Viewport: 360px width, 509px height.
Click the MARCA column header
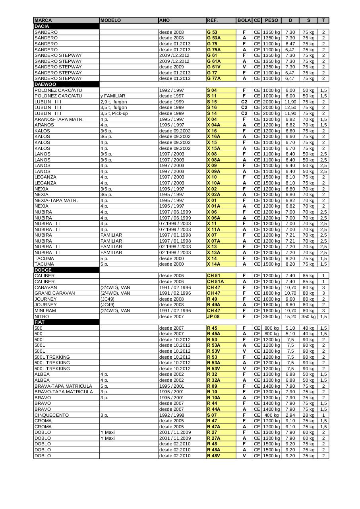pyautogui.click(x=43, y=20)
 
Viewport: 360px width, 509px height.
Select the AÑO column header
pyautogui.click(x=164, y=20)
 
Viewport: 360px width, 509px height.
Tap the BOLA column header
pyautogui.click(x=244, y=20)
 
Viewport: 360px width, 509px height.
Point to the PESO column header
pyautogui.click(x=271, y=20)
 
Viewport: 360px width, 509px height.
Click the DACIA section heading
pyautogui.click(x=42, y=26)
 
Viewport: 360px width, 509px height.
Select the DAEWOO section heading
pyautogui.click(x=45, y=84)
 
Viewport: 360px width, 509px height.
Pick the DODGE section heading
pyautogui.click(x=43, y=270)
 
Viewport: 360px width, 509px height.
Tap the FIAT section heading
pyautogui.click(x=40, y=322)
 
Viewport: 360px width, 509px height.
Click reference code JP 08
pyautogui.click(x=213, y=317)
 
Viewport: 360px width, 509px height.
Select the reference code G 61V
pyautogui.click(x=214, y=67)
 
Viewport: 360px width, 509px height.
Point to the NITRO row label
pyautogui.click(x=42, y=317)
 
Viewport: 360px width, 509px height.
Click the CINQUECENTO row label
pyautogui.click(x=52, y=415)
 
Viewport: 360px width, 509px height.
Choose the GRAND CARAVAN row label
pyautogui.click(x=54, y=293)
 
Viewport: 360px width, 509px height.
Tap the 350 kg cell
pyautogui.click(x=308, y=317)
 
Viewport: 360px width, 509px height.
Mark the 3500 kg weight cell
pyautogui.click(x=271, y=317)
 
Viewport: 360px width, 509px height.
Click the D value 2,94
pyautogui.click(x=290, y=415)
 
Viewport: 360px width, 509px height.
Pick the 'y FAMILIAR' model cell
pyautogui.click(x=113, y=96)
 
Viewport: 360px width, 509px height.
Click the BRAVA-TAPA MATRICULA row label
pyautogui.click(x=64, y=386)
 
